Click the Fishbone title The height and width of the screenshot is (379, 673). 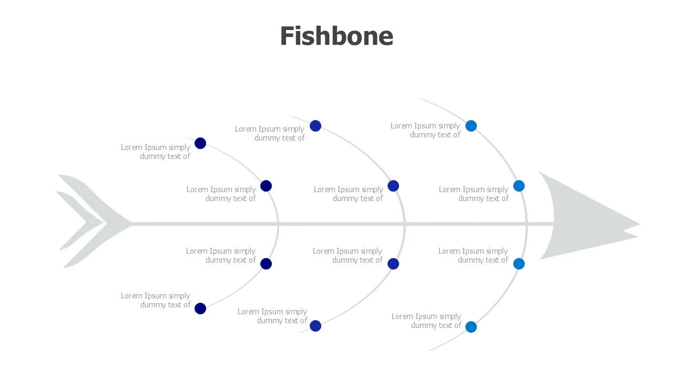(x=336, y=36)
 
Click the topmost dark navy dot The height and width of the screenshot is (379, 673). (x=200, y=143)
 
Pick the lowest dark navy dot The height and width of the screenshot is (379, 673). (x=200, y=308)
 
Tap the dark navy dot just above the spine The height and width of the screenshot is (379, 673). (x=266, y=186)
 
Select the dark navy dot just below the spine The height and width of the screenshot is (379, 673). (x=266, y=264)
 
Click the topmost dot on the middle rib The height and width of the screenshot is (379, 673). (x=315, y=126)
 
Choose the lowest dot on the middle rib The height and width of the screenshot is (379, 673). (x=315, y=326)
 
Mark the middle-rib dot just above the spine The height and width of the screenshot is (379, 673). (x=393, y=186)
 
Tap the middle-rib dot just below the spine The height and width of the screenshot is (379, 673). (x=393, y=264)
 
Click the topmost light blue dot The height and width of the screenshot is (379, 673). (x=471, y=126)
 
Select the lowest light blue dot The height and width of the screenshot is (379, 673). (x=471, y=327)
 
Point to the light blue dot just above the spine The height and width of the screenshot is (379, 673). (x=519, y=186)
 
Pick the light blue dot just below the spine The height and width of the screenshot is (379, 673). (x=519, y=264)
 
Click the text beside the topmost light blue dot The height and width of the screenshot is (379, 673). (x=425, y=130)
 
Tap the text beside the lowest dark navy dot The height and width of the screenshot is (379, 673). (x=156, y=300)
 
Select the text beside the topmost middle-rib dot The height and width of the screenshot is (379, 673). (x=270, y=133)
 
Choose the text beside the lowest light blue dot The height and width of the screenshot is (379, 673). (x=426, y=321)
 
